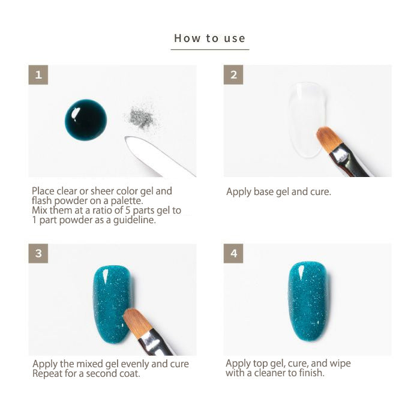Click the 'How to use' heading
pyautogui.click(x=210, y=38)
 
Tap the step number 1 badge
pyautogui.click(x=38, y=75)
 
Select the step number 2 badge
pyautogui.click(x=233, y=75)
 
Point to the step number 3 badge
pyautogui.click(x=38, y=253)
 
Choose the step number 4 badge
pyautogui.click(x=233, y=253)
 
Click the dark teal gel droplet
pyautogui.click(x=86, y=120)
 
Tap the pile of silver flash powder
pyautogui.click(x=140, y=118)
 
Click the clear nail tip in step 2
pyautogui.click(x=308, y=120)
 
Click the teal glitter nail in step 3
pyautogui.click(x=113, y=304)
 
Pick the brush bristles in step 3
pyautogui.click(x=137, y=323)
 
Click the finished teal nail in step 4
pyautogui.click(x=308, y=302)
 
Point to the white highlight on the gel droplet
pyautogui.click(x=75, y=113)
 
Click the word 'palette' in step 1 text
pyautogui.click(x=126, y=201)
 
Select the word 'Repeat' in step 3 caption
pyautogui.click(x=47, y=374)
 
